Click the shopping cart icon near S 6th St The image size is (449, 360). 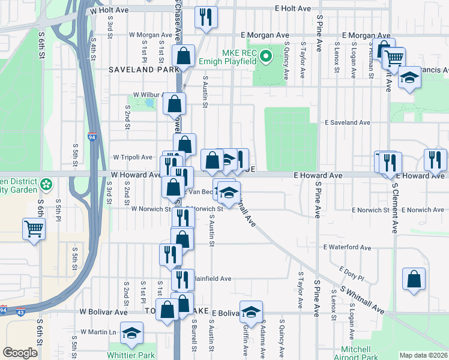[x=34, y=228]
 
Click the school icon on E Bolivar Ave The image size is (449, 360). [x=251, y=311]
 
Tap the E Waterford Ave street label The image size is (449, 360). [x=348, y=247]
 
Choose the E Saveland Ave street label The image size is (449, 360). [x=348, y=122]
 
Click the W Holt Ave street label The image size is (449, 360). [x=110, y=10]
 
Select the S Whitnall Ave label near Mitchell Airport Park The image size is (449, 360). [x=361, y=300]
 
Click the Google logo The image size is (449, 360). [x=20, y=353]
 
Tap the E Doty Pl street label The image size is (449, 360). [x=351, y=274]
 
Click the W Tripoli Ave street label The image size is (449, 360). [x=133, y=157]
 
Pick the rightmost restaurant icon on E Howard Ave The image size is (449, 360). [x=435, y=160]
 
